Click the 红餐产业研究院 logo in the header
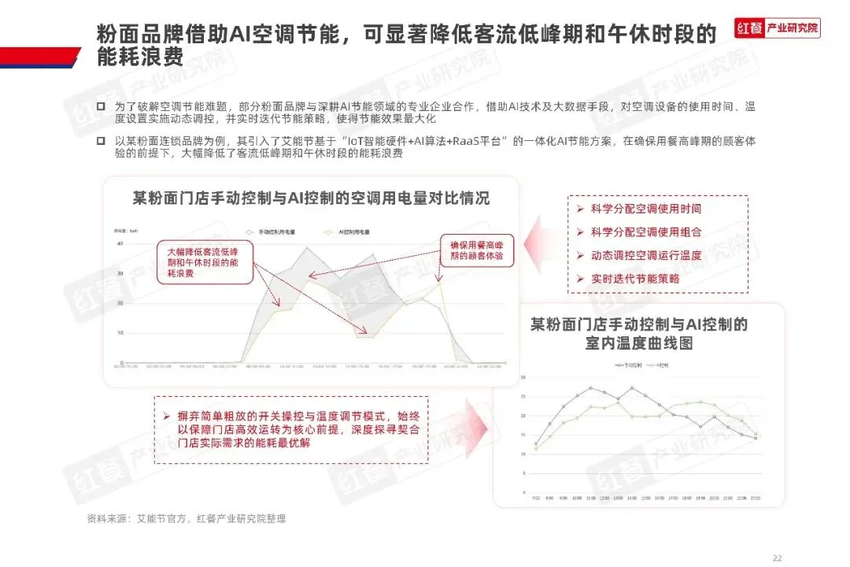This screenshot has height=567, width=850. tap(777, 29)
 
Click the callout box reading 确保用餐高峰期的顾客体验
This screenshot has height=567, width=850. tap(476, 250)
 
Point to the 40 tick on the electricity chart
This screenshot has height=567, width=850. tap(120, 244)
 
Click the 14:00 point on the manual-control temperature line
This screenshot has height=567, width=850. tap(632, 388)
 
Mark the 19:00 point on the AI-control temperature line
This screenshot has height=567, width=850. tap(700, 402)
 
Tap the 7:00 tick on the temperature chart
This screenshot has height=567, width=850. tap(536, 498)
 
